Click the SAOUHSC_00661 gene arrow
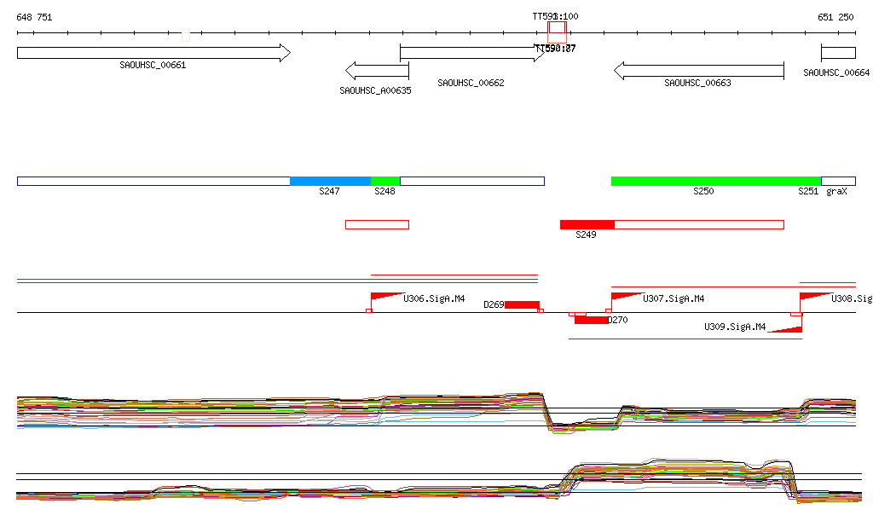click(153, 53)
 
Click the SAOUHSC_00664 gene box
click(838, 53)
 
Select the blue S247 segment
click(330, 181)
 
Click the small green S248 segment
click(385, 181)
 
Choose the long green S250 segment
click(716, 181)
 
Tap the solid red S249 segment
click(587, 224)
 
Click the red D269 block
click(522, 304)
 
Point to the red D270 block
click(591, 320)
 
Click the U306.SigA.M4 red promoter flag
click(385, 297)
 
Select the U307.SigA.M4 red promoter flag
click(626, 297)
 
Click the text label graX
click(836, 192)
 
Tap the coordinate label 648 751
click(34, 17)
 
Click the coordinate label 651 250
click(835, 17)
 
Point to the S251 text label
click(807, 192)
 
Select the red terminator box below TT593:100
click(557, 32)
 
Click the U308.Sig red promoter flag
click(814, 297)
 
